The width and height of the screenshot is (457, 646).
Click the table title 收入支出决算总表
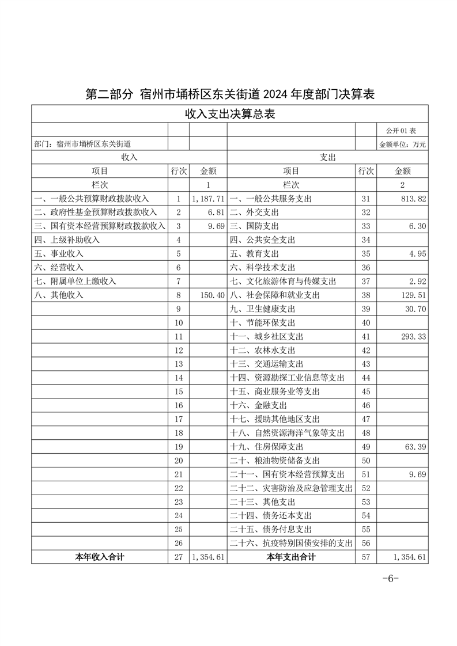229,114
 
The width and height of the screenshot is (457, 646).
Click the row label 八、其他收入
59,295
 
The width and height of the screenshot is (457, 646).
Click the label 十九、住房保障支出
266,447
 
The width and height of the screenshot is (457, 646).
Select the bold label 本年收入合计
100,557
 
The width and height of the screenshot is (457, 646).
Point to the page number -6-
391,579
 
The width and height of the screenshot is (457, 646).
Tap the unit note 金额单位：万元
402,145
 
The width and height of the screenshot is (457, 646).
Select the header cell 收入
129,157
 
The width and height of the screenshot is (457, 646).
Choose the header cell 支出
327,157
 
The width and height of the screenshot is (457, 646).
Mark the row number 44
365,378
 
